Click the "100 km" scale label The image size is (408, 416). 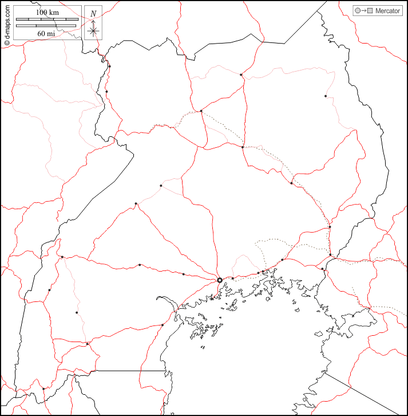tap(47, 12)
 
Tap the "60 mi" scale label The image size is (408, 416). tap(47, 33)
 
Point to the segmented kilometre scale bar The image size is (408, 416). tap(47, 19)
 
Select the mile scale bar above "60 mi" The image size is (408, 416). tap(47, 26)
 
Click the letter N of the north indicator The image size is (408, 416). tap(93, 14)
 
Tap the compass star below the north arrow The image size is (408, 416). tap(93, 31)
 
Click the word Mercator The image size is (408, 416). tap(387, 11)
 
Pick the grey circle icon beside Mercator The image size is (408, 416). tap(358, 11)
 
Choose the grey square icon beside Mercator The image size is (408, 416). tap(370, 11)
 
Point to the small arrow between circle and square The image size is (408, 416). tap(364, 11)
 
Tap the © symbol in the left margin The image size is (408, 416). tap(7, 42)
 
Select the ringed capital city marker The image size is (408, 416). tap(220, 280)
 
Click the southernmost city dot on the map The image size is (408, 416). tap(43, 389)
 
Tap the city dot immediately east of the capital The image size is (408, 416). tap(232, 278)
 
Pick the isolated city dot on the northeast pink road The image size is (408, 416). tap(326, 96)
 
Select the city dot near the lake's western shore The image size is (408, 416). tap(163, 325)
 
